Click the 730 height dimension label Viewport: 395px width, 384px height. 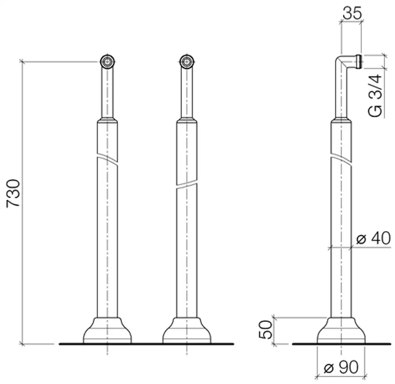(x=13, y=193)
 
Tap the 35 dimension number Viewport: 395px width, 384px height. (x=352, y=13)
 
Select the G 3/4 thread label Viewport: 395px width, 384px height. (x=375, y=96)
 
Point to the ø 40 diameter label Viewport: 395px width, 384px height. (x=374, y=238)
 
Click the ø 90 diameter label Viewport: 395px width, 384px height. (x=341, y=367)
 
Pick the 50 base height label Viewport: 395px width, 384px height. (x=265, y=329)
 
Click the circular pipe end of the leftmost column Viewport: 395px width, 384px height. (x=107, y=62)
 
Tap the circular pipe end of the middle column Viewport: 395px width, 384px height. (x=187, y=62)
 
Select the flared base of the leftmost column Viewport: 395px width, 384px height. (x=107, y=330)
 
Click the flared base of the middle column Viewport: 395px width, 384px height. (x=187, y=330)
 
